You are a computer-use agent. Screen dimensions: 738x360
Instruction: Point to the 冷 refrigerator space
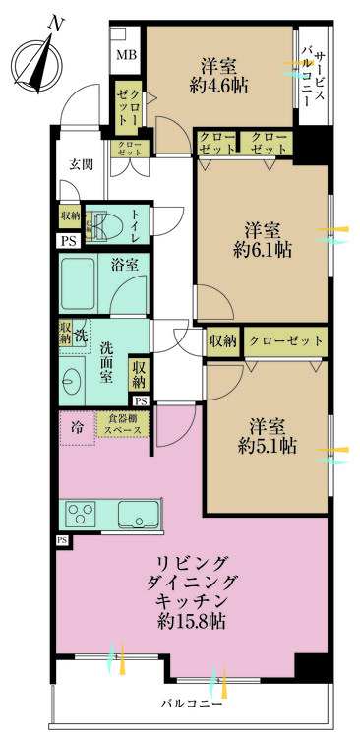pos(77,427)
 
